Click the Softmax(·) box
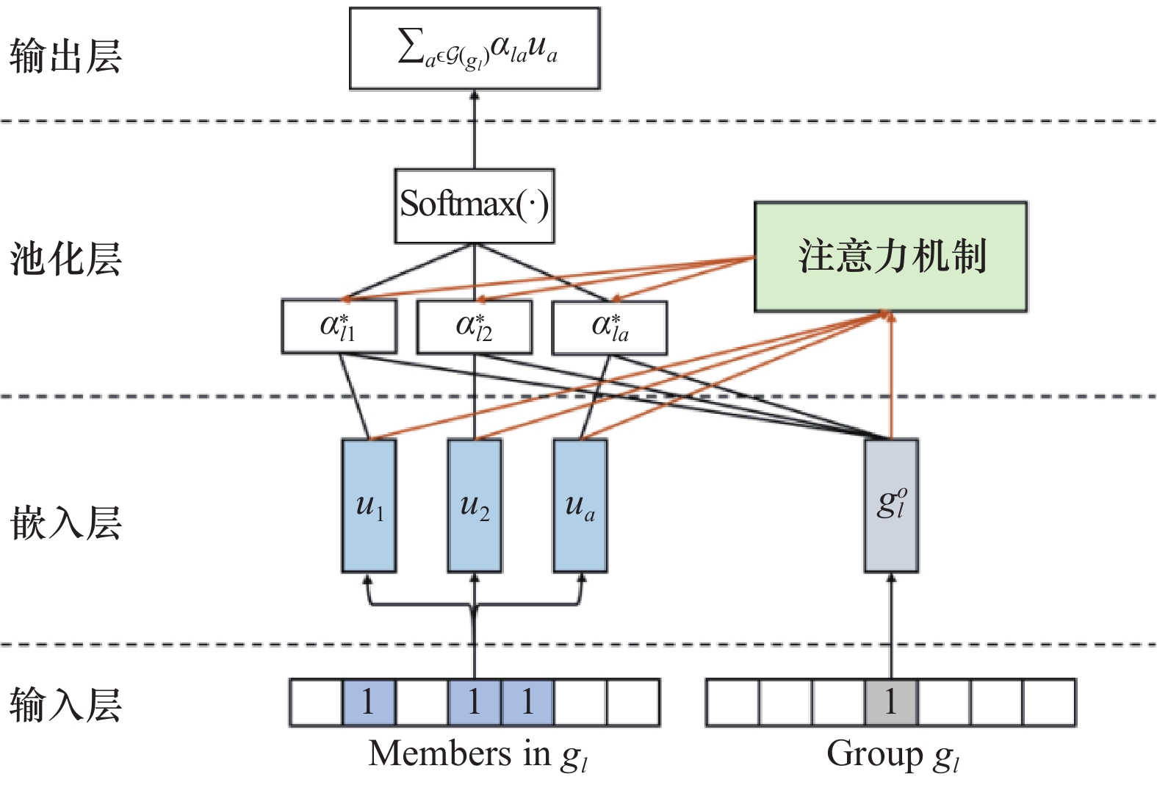pyautogui.click(x=474, y=206)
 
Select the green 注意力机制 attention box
pyautogui.click(x=890, y=257)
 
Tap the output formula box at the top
pyautogui.click(x=475, y=49)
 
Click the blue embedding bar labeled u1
pyautogui.click(x=369, y=506)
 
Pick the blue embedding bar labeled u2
pyautogui.click(x=475, y=506)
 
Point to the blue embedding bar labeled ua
pyautogui.click(x=580, y=506)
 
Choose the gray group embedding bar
pyautogui.click(x=891, y=506)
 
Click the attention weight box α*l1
pyautogui.click(x=339, y=326)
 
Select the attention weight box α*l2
pyautogui.click(x=474, y=326)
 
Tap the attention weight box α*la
pyautogui.click(x=610, y=326)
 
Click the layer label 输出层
pyautogui.click(x=65, y=56)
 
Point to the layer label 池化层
pyautogui.click(x=65, y=259)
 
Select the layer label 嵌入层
pyautogui.click(x=65, y=523)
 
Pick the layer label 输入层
pyautogui.click(x=65, y=703)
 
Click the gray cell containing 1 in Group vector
pyautogui.click(x=890, y=703)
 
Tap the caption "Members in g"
pyautogui.click(x=477, y=755)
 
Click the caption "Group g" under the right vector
pyautogui.click(x=892, y=755)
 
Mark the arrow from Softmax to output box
pyautogui.click(x=475, y=129)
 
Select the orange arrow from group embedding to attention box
pyautogui.click(x=891, y=375)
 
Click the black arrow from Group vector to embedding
pyautogui.click(x=891, y=625)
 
